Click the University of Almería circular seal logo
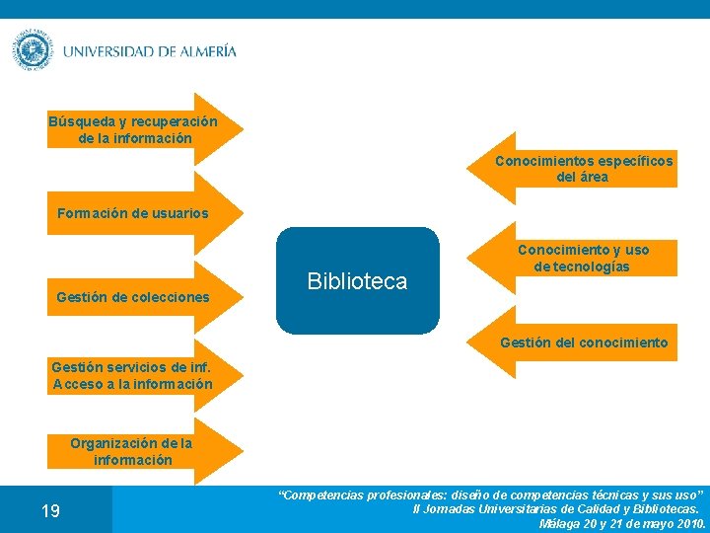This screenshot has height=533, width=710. [33, 50]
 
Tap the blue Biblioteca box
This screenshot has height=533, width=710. [357, 281]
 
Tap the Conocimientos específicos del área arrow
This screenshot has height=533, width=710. [582, 169]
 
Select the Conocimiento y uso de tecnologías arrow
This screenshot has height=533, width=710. [582, 258]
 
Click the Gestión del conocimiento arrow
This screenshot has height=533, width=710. [582, 343]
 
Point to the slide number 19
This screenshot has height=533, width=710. [50, 510]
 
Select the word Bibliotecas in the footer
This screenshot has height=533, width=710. [663, 508]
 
